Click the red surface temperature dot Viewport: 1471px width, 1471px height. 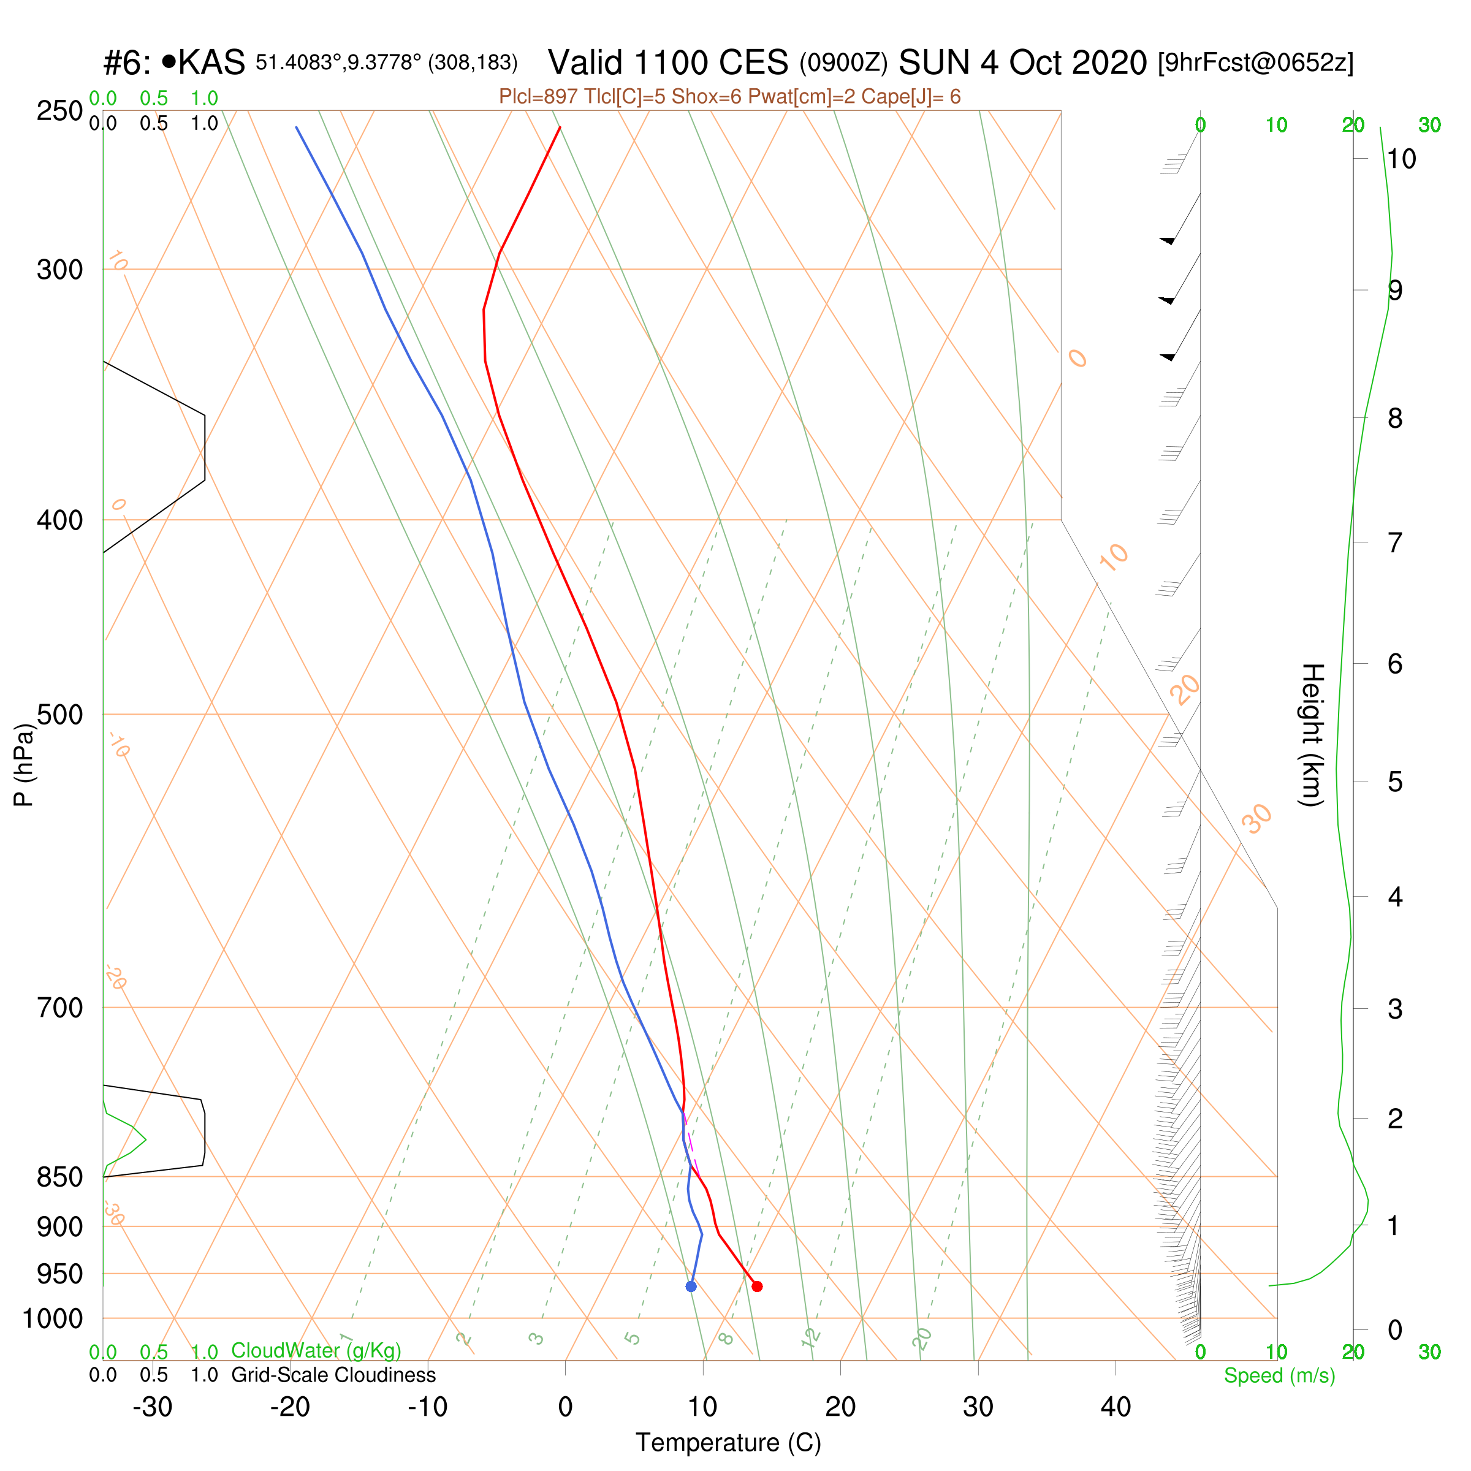pos(757,1286)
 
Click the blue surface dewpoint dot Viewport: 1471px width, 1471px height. pos(691,1286)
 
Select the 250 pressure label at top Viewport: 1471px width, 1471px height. pos(59,111)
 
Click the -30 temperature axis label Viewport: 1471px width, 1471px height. pos(152,1407)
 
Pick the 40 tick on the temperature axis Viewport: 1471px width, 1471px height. pos(1116,1407)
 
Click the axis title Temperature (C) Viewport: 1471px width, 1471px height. pos(728,1443)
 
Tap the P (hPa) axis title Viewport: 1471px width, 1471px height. pos(25,765)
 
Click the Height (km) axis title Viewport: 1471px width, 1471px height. pos(1312,735)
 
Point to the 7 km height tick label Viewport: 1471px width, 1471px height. pos(1394,543)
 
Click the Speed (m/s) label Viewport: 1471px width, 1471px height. pos(1279,1376)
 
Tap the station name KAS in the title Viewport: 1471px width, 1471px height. pos(211,63)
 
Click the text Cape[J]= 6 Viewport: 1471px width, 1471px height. pos(911,97)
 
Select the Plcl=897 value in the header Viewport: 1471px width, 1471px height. pos(538,97)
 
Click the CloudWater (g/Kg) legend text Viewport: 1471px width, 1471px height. pos(316,1351)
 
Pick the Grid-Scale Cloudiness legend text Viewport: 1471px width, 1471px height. pos(333,1375)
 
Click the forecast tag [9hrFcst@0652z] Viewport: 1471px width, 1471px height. pos(1255,63)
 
